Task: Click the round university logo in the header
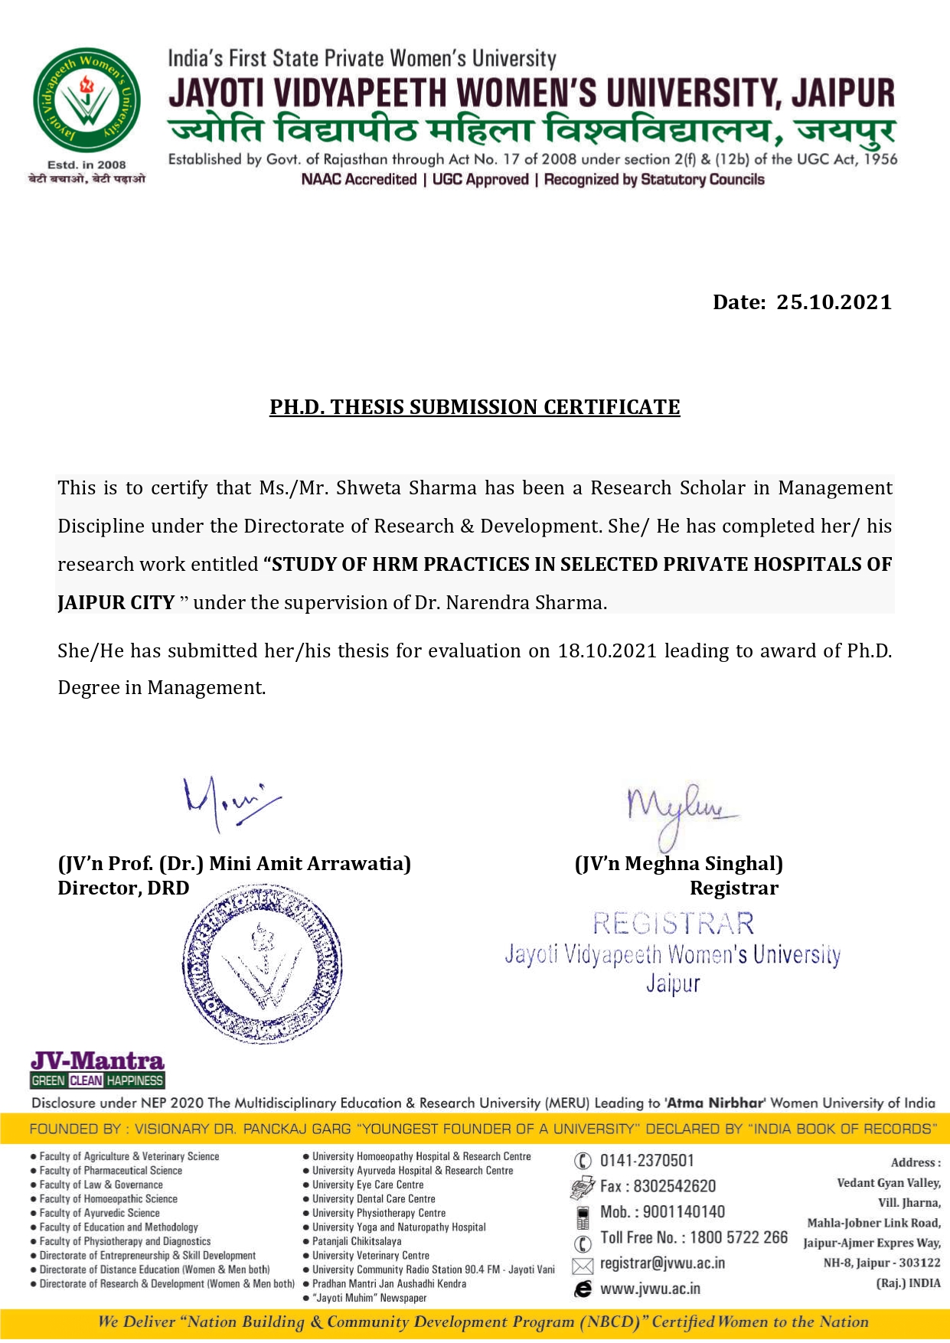(87, 100)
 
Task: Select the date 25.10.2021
(834, 302)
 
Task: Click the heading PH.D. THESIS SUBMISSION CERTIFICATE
(475, 407)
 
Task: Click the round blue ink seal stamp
(263, 965)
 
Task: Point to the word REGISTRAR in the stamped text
(673, 924)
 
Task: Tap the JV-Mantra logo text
(97, 1061)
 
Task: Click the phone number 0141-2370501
(647, 1161)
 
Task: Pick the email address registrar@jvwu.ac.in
(662, 1263)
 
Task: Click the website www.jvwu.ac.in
(650, 1289)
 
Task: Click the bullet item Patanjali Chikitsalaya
(357, 1241)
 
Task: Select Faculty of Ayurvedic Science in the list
(100, 1213)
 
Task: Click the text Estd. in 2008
(87, 165)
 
